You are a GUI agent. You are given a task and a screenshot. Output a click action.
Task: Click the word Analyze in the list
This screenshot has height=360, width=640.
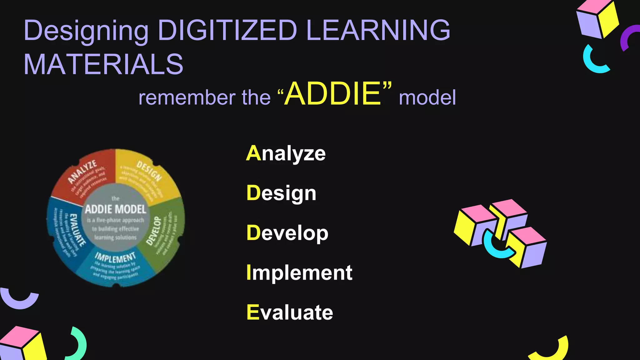[286, 153]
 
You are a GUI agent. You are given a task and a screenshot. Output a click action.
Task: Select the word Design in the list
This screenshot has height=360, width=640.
[281, 193]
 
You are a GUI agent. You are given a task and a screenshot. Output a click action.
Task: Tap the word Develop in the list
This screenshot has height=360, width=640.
[287, 233]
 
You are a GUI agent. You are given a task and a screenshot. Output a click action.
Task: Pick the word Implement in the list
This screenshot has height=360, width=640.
[299, 273]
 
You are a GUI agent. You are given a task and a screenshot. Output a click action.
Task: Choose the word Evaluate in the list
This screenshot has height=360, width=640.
[290, 312]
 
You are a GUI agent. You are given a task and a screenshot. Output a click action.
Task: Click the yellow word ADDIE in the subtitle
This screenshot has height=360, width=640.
[333, 94]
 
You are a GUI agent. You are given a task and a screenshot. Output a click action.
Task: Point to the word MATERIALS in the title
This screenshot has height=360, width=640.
[103, 64]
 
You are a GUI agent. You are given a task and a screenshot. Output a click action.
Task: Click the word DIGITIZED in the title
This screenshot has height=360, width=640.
[227, 30]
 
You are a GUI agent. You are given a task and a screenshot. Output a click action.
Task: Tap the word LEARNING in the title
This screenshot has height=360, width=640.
[378, 30]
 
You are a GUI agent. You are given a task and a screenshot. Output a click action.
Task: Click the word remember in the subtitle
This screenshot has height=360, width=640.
[186, 97]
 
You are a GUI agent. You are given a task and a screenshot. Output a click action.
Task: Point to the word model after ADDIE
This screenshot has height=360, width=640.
[427, 97]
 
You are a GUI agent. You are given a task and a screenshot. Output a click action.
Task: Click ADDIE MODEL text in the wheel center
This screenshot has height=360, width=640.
[116, 209]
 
